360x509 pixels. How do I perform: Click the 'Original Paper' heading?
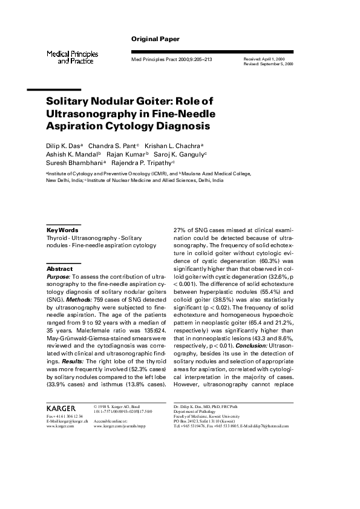pyautogui.click(x=155, y=39)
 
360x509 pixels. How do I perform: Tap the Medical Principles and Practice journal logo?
pyautogui.click(x=73, y=57)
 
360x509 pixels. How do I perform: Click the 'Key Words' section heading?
pyautogui.click(x=62, y=230)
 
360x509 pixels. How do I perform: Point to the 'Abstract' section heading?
pyautogui.click(x=59, y=268)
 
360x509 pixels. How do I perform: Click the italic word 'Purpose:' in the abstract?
pyautogui.click(x=59, y=276)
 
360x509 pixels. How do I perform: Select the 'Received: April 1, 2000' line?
pyautogui.click(x=264, y=58)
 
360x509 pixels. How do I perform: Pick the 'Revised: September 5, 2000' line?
pyautogui.click(x=268, y=63)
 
